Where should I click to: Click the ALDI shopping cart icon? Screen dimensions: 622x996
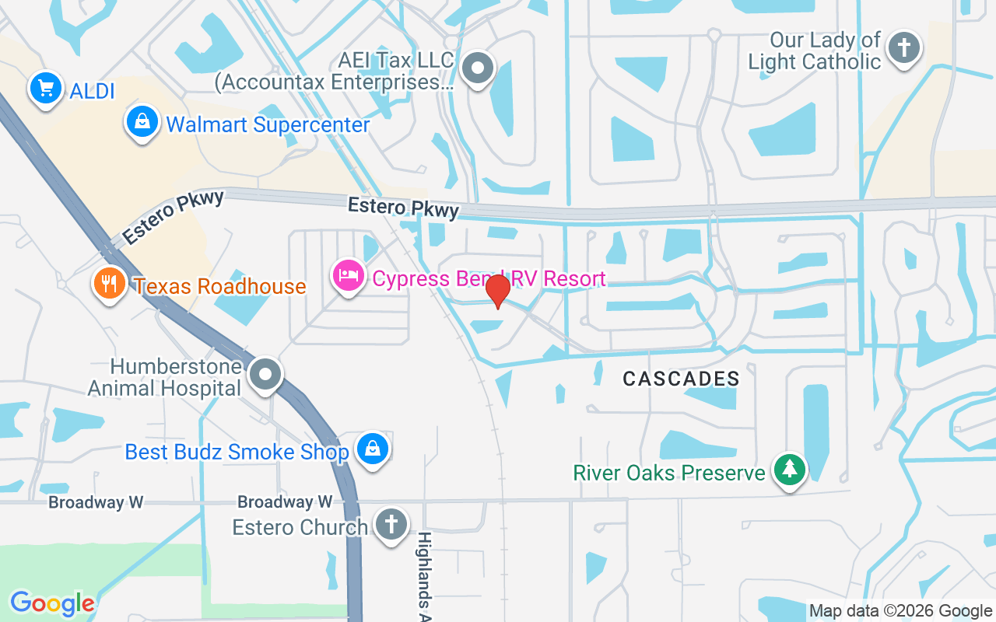coord(46,88)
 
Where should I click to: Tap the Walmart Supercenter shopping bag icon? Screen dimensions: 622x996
coord(142,122)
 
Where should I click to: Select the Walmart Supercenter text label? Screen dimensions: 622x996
coord(268,124)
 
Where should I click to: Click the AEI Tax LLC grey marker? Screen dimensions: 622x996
coord(478,68)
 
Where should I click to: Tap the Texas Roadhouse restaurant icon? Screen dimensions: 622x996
coord(110,284)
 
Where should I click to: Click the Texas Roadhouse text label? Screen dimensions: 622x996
coord(220,286)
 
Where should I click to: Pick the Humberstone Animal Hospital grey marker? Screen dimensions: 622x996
coord(265,375)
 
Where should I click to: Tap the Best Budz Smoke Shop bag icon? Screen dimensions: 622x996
coord(373,449)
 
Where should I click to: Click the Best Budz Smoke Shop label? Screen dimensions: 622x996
coord(237,452)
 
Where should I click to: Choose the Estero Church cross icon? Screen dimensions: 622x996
coord(391,523)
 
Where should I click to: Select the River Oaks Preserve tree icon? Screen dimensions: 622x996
coord(791,470)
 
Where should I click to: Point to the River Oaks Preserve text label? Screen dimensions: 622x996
coord(669,473)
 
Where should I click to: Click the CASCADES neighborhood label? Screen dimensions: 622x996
coord(681,379)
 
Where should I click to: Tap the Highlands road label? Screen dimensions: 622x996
coord(424,571)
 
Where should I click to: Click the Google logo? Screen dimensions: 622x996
coord(52,603)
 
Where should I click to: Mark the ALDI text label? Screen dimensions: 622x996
coord(92,91)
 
